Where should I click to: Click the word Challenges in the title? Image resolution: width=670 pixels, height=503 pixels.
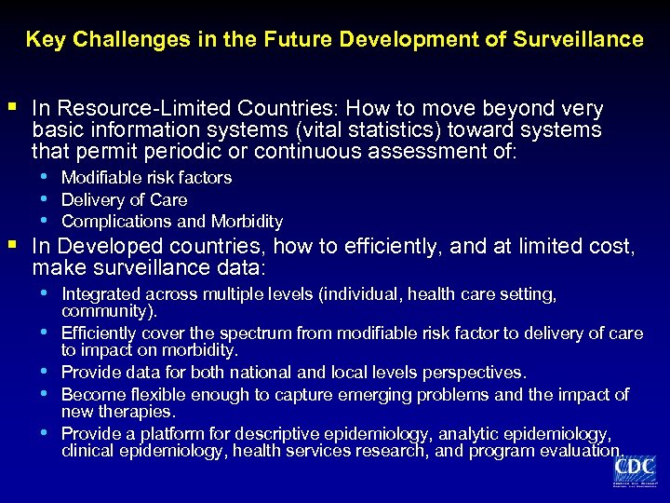118,39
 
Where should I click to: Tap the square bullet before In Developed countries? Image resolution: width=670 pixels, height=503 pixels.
12,246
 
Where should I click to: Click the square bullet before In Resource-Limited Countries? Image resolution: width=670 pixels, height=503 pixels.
12,107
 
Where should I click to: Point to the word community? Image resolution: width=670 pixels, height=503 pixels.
106,311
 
